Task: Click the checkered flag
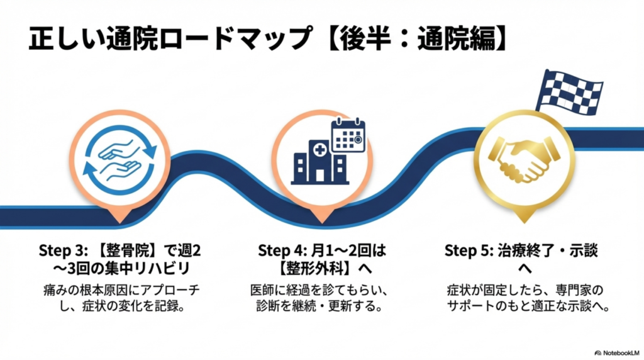(569, 92)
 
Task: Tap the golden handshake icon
(523, 160)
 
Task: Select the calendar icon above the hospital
(348, 134)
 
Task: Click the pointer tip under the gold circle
(523, 221)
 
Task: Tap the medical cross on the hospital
(321, 150)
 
